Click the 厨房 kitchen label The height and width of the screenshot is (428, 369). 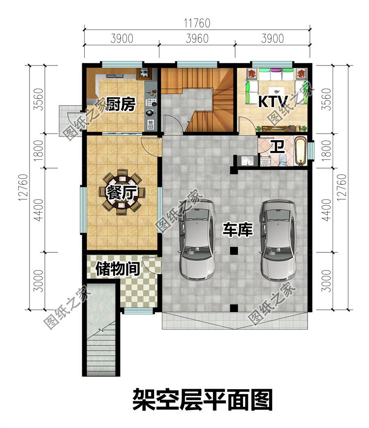coord(120,104)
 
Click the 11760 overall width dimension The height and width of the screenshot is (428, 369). coord(197,23)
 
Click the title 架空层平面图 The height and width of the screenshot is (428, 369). coord(202,399)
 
